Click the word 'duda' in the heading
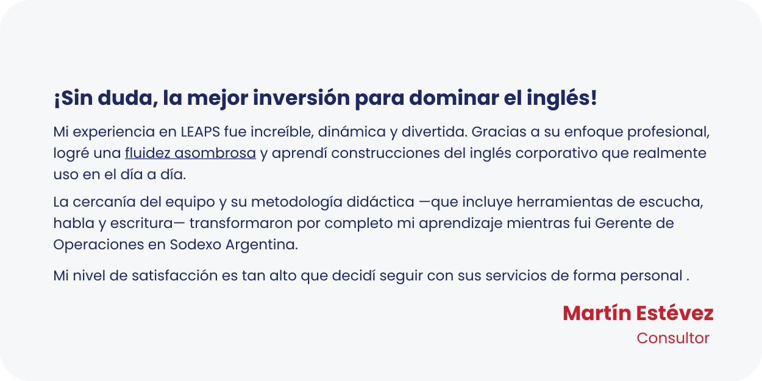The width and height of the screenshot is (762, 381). tap(127, 98)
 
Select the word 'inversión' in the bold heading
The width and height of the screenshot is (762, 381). tap(301, 98)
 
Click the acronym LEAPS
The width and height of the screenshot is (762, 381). tap(201, 132)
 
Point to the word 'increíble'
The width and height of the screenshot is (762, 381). tap(282, 132)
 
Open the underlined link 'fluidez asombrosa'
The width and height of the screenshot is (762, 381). tap(190, 153)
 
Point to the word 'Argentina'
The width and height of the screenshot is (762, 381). tap(262, 245)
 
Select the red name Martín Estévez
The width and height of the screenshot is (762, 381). tap(638, 313)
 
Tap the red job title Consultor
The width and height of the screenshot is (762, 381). tap(673, 338)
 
